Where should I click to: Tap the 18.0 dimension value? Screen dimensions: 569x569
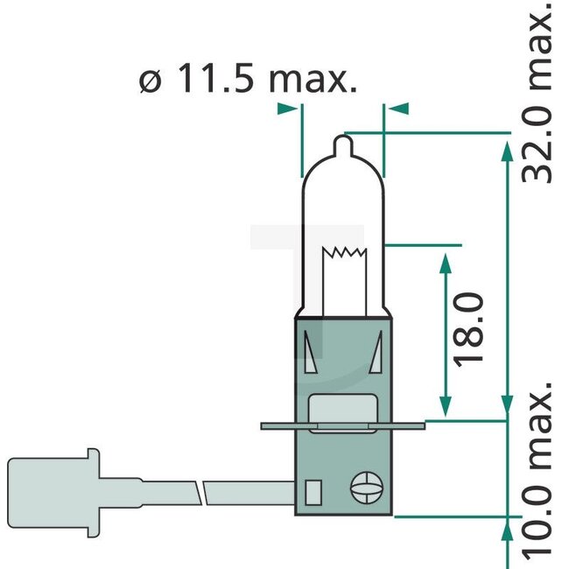470,329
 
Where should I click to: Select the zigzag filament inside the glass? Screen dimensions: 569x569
342,255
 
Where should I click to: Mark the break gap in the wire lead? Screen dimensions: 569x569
203,491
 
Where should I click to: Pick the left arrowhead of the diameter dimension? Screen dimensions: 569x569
286,109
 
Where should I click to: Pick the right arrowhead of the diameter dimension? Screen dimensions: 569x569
398,109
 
